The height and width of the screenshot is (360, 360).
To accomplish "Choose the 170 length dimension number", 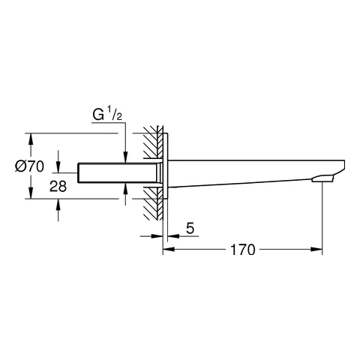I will click(x=241, y=250).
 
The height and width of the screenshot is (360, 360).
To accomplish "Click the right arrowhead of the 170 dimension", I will click(x=318, y=250).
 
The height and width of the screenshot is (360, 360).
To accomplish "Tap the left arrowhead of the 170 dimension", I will click(x=167, y=250).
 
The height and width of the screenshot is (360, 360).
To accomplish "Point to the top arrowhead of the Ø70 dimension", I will click(x=31, y=138).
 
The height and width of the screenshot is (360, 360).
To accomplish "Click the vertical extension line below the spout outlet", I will click(x=322, y=217).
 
